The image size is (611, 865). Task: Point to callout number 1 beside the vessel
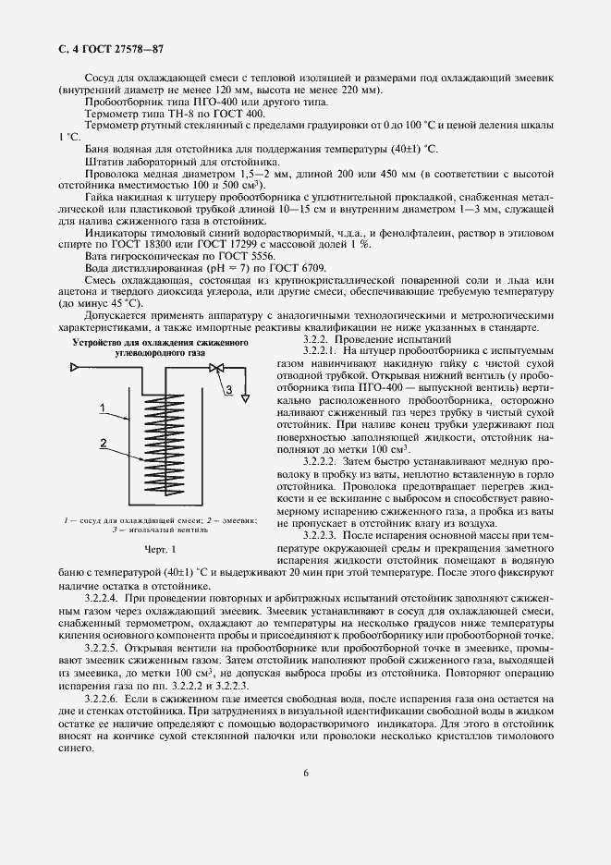click(x=105, y=407)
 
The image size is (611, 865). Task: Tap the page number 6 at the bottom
click(x=305, y=798)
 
